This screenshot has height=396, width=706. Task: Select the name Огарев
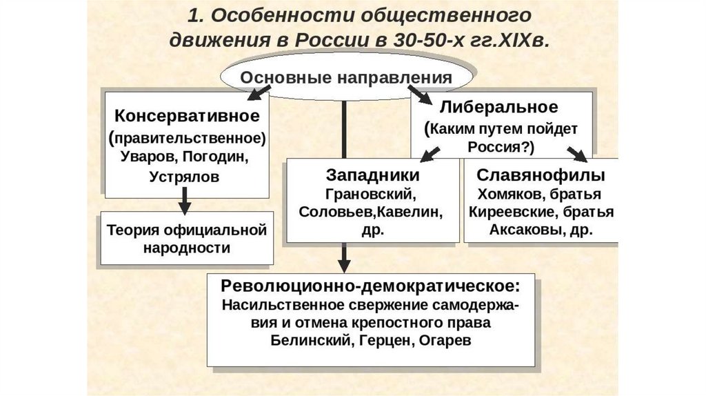(449, 341)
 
